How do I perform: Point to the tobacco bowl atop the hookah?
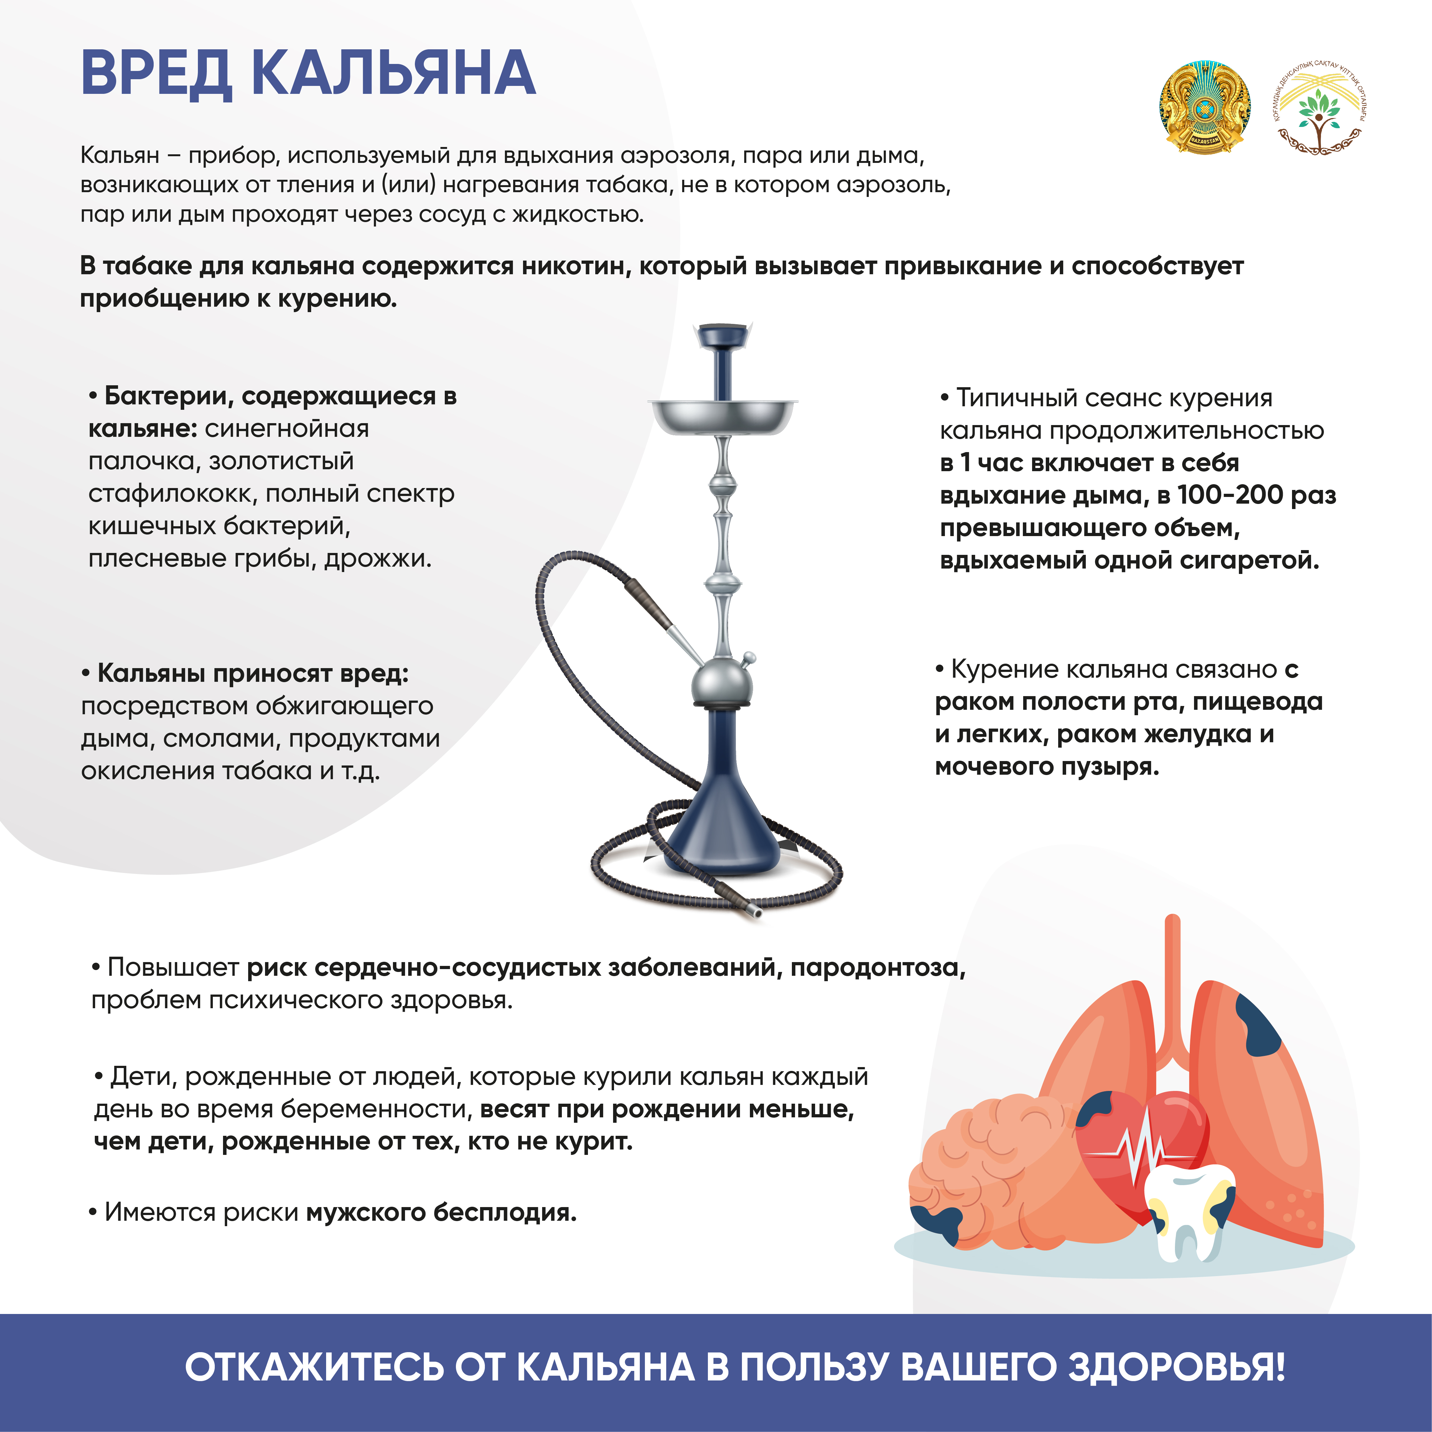723,337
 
